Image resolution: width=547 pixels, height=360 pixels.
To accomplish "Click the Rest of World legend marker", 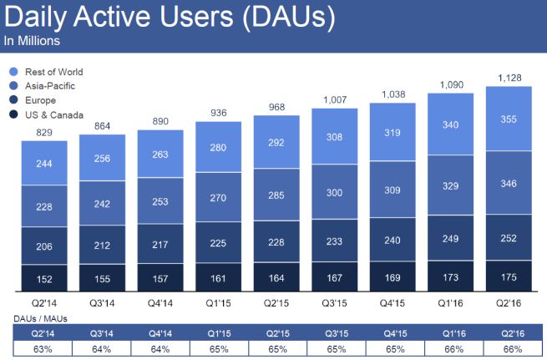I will coord(12,73).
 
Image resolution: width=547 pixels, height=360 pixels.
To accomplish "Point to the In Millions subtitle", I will coord(32,40).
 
